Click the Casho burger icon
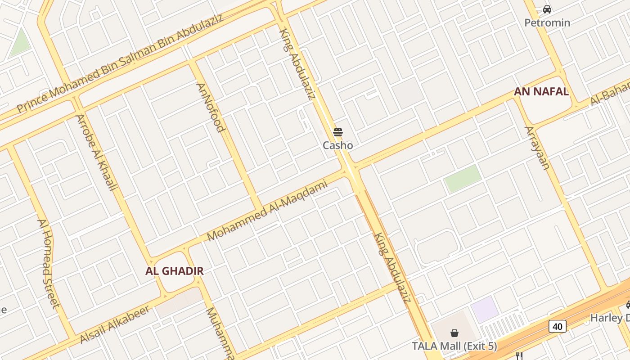[338, 132]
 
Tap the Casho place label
[338, 145]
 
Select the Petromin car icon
[547, 9]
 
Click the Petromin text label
[547, 22]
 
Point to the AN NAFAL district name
[541, 92]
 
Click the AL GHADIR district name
[175, 271]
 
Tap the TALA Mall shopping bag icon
[454, 333]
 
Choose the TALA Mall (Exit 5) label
[454, 346]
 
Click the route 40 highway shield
[557, 326]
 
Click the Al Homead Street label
[48, 264]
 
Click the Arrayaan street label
[537, 148]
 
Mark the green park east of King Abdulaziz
[462, 178]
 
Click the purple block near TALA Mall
[485, 310]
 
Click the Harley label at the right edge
[610, 318]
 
